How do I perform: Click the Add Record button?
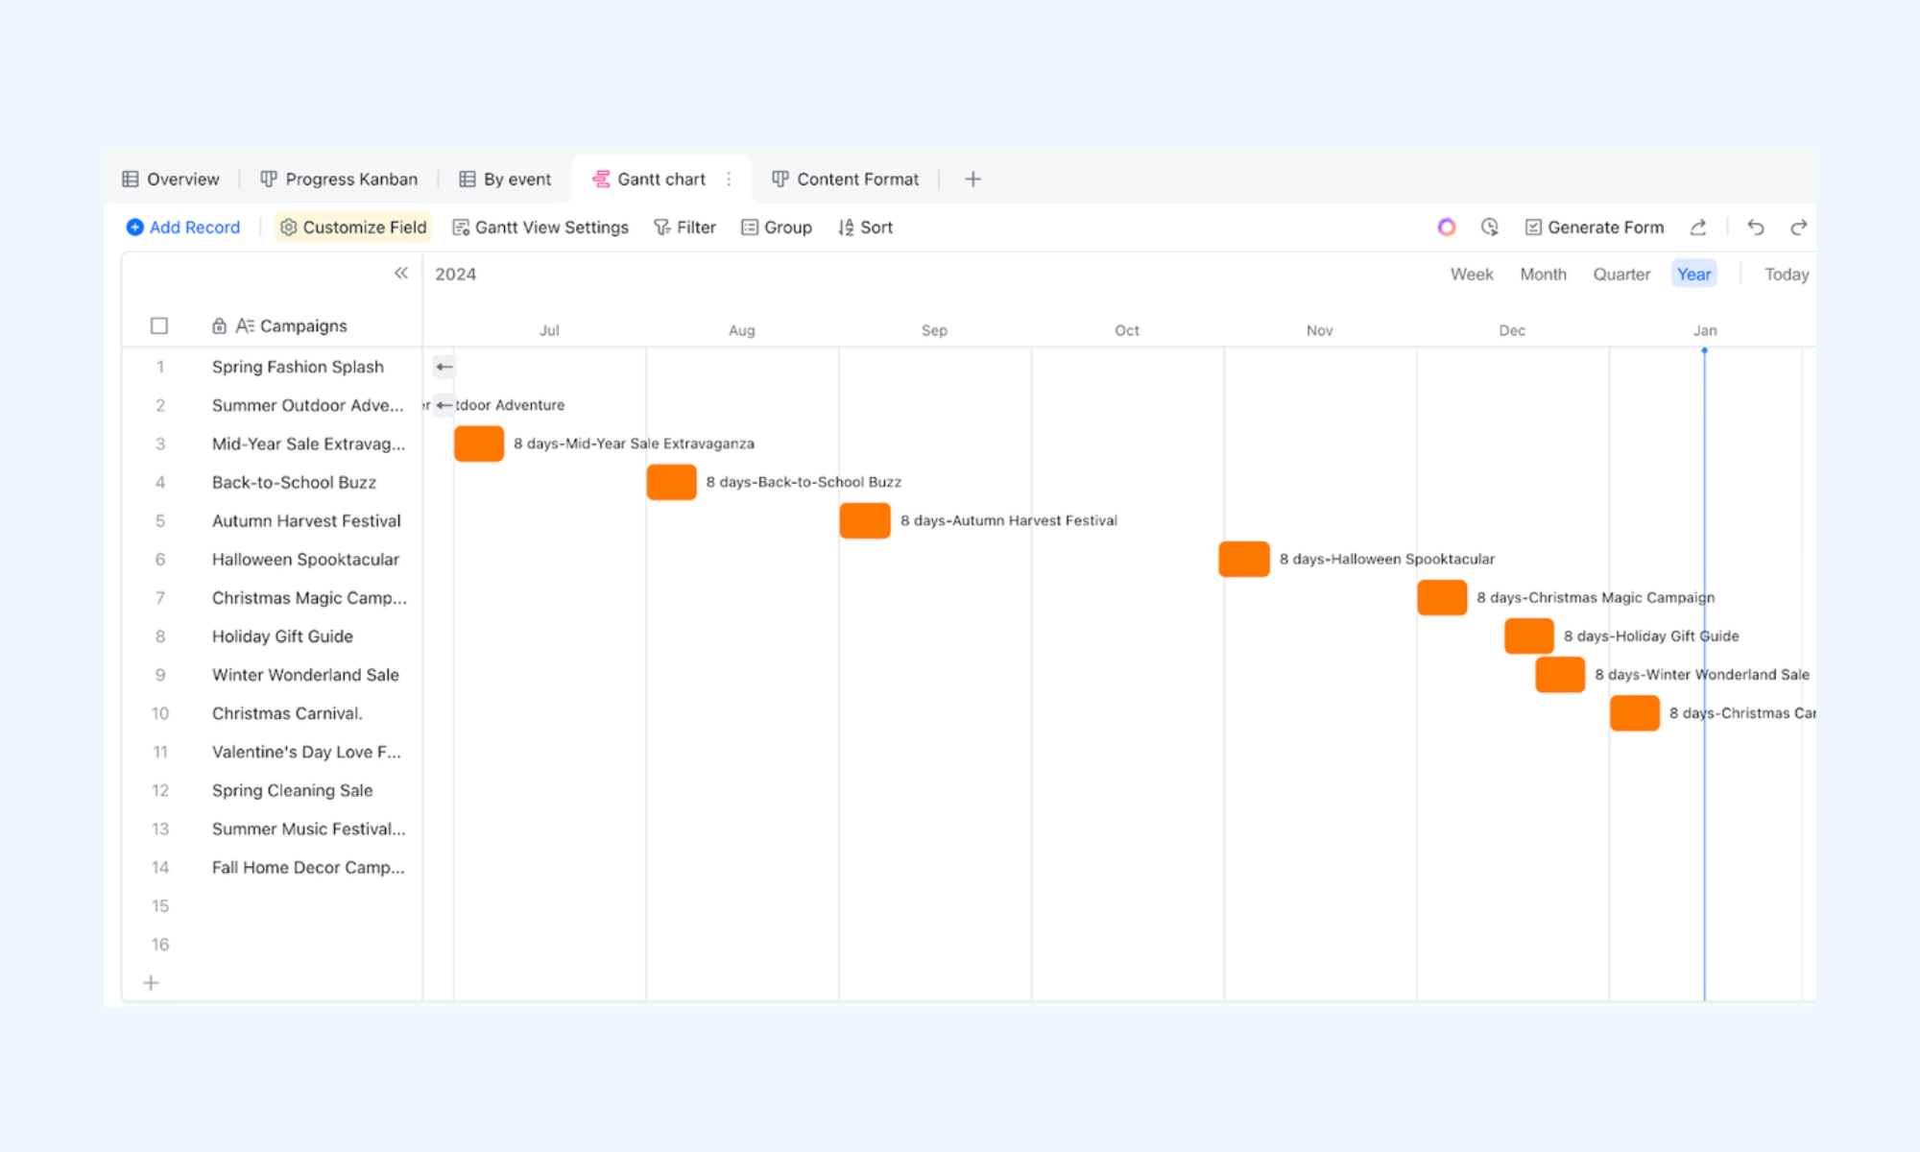tap(183, 228)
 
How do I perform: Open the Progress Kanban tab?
tap(340, 180)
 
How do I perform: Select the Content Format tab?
tap(846, 180)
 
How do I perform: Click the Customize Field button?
tap(353, 228)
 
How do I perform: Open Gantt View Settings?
tap(540, 228)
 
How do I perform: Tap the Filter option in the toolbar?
tap(684, 228)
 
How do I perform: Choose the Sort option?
tap(865, 228)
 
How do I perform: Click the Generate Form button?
tap(1595, 228)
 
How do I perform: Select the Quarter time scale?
tap(1621, 275)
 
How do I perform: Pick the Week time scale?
tap(1472, 275)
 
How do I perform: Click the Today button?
tap(1787, 275)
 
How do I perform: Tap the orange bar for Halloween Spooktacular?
tap(1244, 559)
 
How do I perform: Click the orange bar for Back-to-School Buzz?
tap(672, 482)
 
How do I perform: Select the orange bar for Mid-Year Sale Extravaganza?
tap(479, 444)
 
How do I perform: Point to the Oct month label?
tap(1127, 330)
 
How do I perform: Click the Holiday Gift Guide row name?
tap(282, 636)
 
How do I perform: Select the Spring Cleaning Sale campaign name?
tap(292, 790)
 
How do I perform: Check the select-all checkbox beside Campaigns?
tap(159, 326)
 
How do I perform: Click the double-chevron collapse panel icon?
tap(401, 273)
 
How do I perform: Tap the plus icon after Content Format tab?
tap(972, 180)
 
